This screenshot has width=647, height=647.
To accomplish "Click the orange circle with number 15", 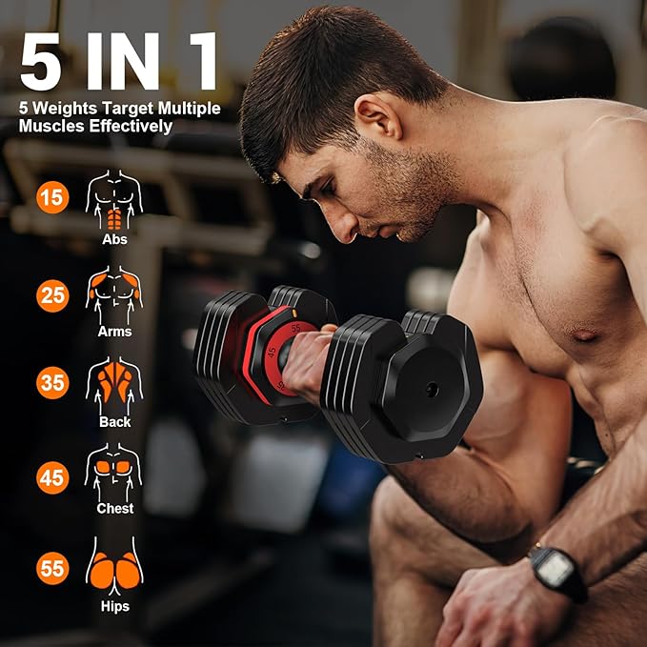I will (52, 198).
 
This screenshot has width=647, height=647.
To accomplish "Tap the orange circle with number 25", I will (52, 295).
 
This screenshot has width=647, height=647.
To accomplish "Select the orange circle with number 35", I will (52, 384).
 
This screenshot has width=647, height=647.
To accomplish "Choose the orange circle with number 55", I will (52, 569).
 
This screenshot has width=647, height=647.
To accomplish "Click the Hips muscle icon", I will (114, 565).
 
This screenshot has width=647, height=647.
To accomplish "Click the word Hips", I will (114, 606).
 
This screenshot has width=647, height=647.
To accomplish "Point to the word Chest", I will (114, 509).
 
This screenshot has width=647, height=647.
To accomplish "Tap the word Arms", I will (114, 332).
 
